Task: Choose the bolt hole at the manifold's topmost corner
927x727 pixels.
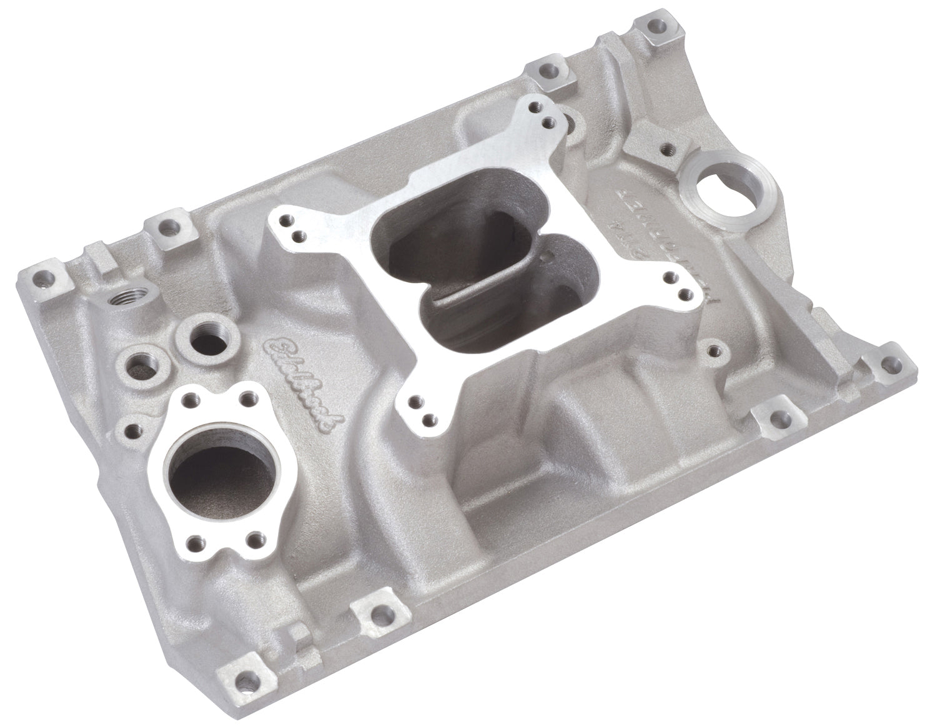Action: [x=652, y=28]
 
